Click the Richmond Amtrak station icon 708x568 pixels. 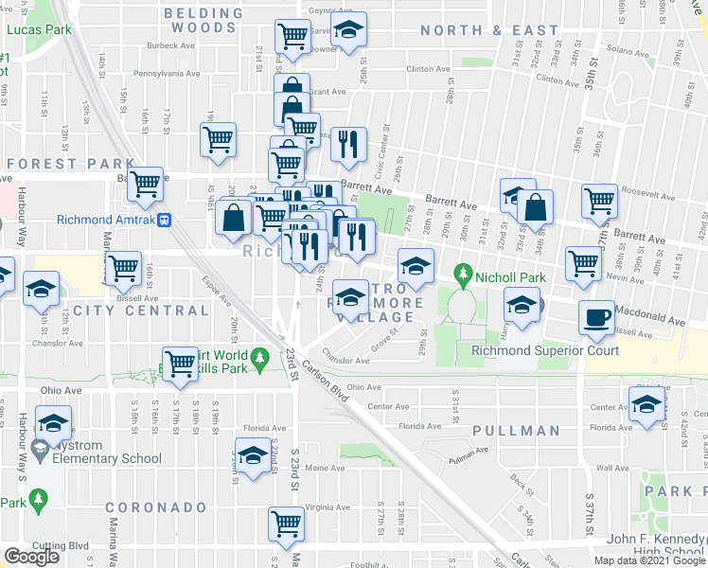(x=165, y=221)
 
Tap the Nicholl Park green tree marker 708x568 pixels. (x=463, y=275)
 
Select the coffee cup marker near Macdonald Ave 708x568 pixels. (x=596, y=318)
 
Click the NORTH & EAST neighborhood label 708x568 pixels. (x=489, y=30)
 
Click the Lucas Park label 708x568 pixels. (x=39, y=30)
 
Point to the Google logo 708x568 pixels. (x=32, y=557)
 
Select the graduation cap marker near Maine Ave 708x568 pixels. (x=252, y=457)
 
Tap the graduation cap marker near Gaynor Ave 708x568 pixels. (x=349, y=30)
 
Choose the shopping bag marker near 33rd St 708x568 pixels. (x=536, y=208)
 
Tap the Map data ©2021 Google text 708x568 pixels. (x=648, y=560)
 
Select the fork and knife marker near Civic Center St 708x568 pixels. (x=348, y=144)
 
